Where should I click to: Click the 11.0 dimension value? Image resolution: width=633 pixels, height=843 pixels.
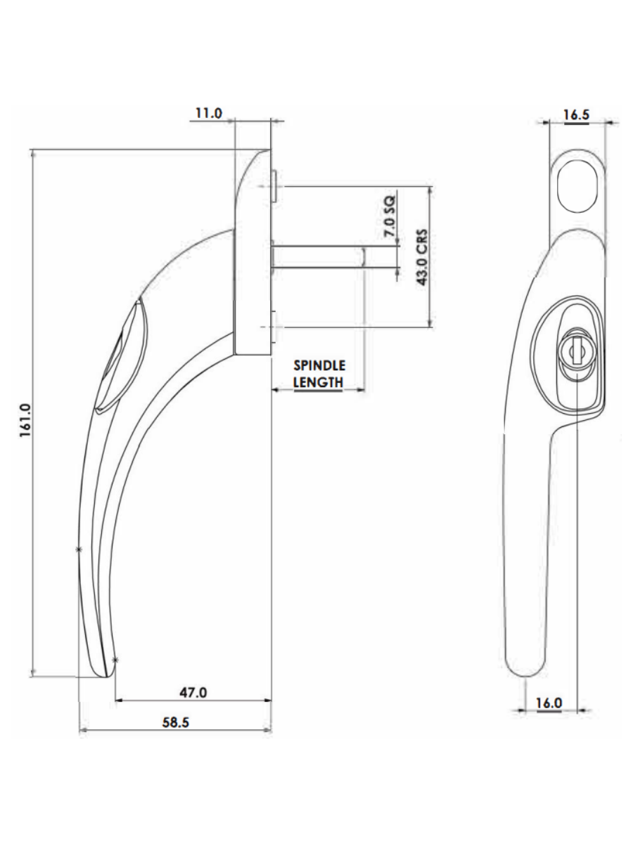208,113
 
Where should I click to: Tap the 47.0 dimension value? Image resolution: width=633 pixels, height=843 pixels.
193,692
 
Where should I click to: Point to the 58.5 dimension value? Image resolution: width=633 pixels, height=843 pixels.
176,723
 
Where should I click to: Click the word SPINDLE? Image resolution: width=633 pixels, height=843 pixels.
319,366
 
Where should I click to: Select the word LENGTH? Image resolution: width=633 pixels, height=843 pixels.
318,382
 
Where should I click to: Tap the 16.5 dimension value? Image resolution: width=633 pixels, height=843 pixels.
576,115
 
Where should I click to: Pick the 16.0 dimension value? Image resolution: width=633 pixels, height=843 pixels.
549,702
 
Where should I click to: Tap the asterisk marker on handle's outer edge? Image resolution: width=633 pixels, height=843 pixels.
78,549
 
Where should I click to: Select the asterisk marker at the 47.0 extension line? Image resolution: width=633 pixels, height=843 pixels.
115,660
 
